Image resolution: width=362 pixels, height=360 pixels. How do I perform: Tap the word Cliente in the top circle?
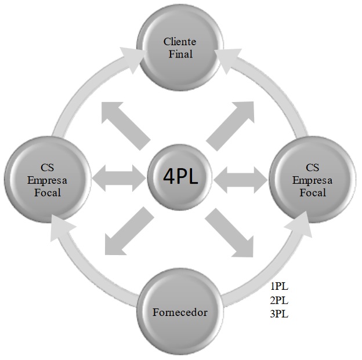[180, 42]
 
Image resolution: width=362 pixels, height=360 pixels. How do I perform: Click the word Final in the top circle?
[180, 54]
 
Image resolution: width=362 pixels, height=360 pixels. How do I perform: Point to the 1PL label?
[279, 286]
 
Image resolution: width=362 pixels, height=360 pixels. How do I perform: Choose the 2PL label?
[279, 300]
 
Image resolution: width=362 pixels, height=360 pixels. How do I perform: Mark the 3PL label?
[279, 314]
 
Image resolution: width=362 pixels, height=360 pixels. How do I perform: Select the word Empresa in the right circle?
[313, 180]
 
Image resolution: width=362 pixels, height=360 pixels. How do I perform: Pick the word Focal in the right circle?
[313, 192]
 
